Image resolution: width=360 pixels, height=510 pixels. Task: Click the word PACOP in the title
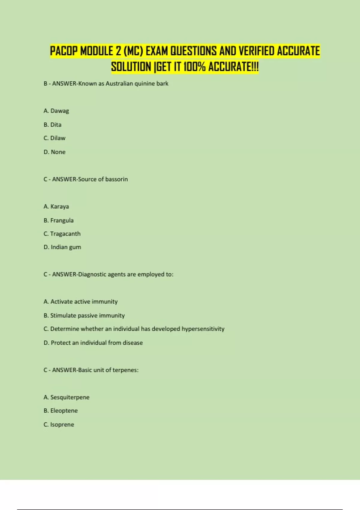[x=64, y=51]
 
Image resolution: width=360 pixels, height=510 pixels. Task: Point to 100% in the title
[x=194, y=67]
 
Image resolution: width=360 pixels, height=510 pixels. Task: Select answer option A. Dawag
[x=56, y=111]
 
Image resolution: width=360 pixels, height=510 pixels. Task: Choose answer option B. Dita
[x=52, y=125]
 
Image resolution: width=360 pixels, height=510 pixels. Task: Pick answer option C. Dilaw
[x=54, y=138]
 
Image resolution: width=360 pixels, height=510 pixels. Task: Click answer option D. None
[x=54, y=152]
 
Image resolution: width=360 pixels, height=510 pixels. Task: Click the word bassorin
[x=116, y=179]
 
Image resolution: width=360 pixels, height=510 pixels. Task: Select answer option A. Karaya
[x=56, y=207]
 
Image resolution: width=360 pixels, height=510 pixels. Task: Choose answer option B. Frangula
[x=58, y=220]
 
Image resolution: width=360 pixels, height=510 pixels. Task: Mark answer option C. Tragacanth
[x=62, y=234]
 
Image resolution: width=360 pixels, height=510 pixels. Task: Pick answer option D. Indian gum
[x=62, y=247]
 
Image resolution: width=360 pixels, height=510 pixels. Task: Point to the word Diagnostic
[x=92, y=274]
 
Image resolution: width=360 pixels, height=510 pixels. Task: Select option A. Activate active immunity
[x=80, y=302]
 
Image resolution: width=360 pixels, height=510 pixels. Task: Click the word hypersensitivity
[x=203, y=329]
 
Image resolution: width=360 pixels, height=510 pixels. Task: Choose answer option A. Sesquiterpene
[x=66, y=397]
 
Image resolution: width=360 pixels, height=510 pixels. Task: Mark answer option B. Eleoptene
[x=61, y=411]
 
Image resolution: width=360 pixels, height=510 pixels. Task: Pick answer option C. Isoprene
[x=59, y=425]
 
